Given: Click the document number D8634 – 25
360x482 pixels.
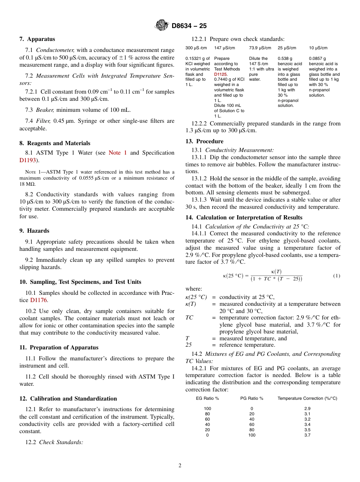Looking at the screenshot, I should coord(189,26).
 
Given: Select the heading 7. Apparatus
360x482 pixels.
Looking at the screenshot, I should coord(37,39).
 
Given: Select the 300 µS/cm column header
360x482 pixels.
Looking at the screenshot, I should coord(196,48).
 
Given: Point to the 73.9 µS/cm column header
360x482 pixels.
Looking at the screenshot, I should coord(260,48).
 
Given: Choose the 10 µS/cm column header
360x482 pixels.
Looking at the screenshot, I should coord(318,48).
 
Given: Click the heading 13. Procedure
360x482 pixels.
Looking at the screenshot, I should coord(204,141).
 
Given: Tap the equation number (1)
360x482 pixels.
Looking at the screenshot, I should coord(337,276).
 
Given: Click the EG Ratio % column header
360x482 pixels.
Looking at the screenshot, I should coord(207,398).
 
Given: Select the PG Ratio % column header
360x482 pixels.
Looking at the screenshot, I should coord(252,398).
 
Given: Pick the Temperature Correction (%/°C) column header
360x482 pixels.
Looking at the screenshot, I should coord(307,398).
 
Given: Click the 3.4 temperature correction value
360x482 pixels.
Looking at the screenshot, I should coord(307,424).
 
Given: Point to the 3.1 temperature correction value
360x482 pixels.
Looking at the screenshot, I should coord(307,414).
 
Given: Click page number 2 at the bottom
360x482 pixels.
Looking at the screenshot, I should coord(180,466).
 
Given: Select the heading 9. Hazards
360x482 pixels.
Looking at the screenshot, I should coord(34,231).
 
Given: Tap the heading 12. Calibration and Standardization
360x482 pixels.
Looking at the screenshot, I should coord(68,398).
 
